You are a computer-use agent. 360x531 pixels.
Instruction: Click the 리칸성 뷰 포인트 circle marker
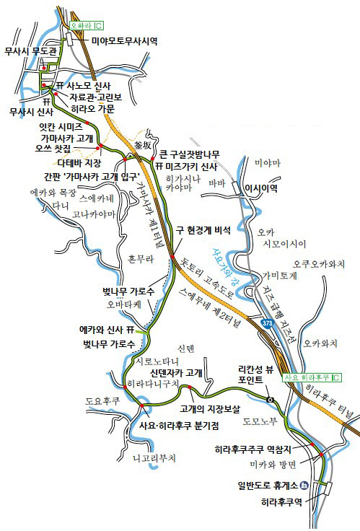(x=269, y=399)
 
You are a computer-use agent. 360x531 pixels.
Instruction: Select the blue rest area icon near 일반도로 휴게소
(x=304, y=486)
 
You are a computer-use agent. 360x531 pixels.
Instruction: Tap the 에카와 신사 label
(x=102, y=329)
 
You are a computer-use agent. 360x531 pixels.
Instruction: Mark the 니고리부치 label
(x=154, y=457)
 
